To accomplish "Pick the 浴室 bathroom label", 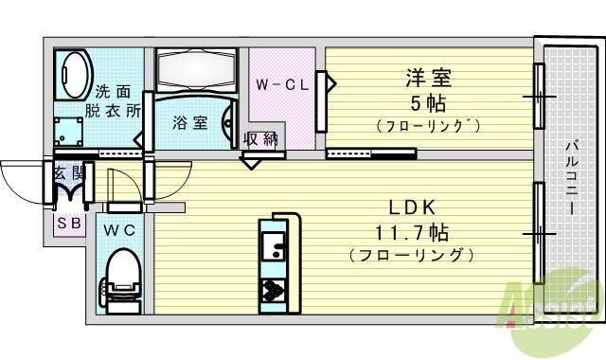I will coord(188,122).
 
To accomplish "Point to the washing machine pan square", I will coord(68,131).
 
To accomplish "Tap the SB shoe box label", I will coord(67,224).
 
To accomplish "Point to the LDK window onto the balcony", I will coord(539,232).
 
